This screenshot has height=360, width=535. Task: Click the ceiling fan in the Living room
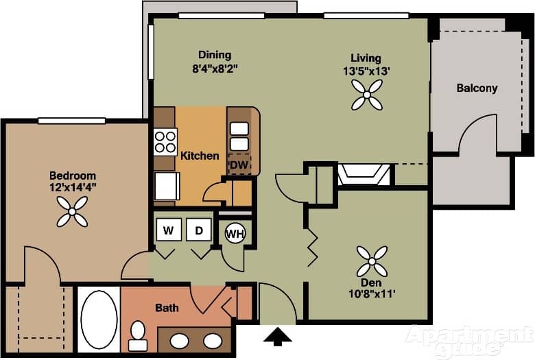pos(366,94)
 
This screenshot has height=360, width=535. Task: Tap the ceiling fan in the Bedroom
pos(72,211)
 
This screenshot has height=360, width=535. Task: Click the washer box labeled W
pos(168,230)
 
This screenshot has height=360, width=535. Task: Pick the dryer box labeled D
pos(199,230)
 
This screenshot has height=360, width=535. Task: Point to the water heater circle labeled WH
pos(235,234)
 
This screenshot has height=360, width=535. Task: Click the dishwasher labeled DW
pos(238,165)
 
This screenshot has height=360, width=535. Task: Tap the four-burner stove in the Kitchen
pos(165,141)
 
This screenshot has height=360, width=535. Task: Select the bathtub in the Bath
pos(99,320)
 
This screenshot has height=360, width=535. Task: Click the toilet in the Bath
pos(138,335)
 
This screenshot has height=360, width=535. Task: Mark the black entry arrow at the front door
pos(277,336)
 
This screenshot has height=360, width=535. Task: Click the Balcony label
pos(477,88)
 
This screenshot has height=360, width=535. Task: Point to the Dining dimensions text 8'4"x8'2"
pos(215,68)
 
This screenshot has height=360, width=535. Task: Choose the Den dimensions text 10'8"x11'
pos(372,294)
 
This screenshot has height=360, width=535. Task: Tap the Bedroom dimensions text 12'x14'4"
pos(72,187)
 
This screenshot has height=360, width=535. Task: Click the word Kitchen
pos(200,156)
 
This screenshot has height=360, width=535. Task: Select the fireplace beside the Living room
pos(364,174)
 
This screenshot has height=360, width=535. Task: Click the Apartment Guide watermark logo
pos(469,340)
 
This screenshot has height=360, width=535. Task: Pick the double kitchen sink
pos(239,136)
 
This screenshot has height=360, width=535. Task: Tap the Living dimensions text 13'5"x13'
pos(366,70)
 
